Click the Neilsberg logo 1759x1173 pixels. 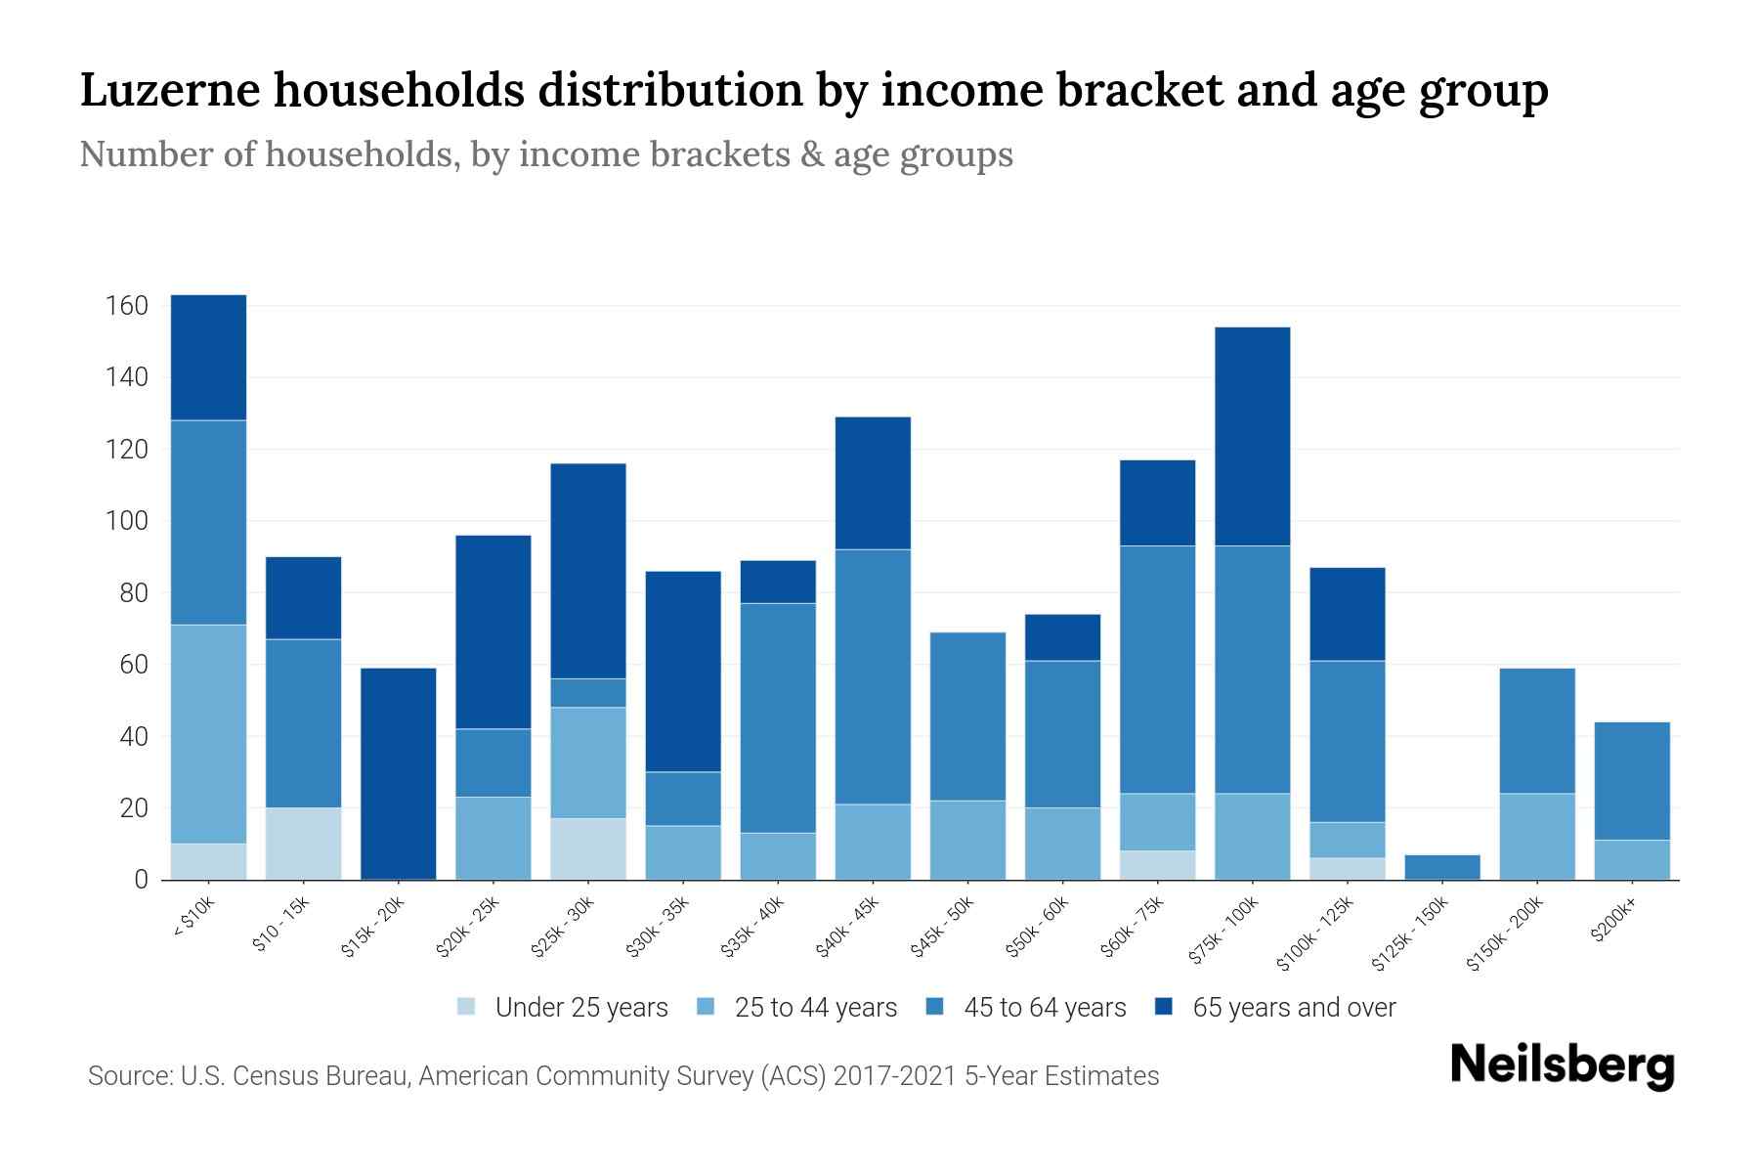pos(1562,1064)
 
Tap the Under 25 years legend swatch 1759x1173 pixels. pos(466,1007)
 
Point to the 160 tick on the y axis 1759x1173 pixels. pos(126,307)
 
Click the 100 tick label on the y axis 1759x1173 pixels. pos(126,522)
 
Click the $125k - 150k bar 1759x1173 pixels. pos(1442,867)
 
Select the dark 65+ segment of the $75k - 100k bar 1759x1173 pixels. pos(1252,436)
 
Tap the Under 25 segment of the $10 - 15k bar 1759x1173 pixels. pos(303,844)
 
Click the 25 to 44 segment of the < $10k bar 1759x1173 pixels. pos(208,733)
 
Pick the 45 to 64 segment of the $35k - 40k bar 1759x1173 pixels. pos(778,717)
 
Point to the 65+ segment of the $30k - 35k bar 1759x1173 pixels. pos(683,671)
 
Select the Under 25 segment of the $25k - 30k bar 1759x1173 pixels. pos(588,848)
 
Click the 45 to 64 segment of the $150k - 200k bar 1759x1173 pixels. pos(1537,730)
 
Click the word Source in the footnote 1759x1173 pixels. pos(128,1076)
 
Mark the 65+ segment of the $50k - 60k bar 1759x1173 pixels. pos(1062,637)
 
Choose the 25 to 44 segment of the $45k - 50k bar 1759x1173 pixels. pos(967,840)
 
